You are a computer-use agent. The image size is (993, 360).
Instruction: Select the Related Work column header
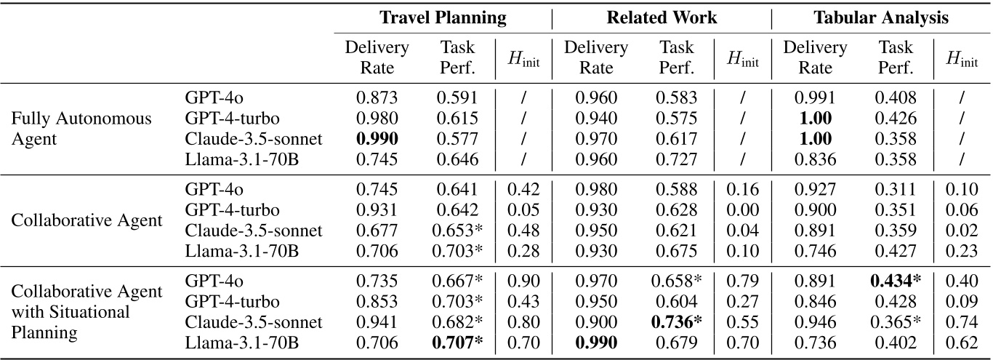tap(661, 18)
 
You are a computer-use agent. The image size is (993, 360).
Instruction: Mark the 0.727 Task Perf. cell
tap(676, 158)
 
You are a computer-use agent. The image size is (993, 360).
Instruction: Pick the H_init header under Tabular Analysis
tap(962, 59)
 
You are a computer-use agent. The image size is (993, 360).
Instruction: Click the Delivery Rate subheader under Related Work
tap(595, 58)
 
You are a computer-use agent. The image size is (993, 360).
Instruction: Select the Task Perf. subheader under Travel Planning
tap(457, 58)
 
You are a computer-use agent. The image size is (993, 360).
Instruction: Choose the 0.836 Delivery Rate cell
tap(814, 158)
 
